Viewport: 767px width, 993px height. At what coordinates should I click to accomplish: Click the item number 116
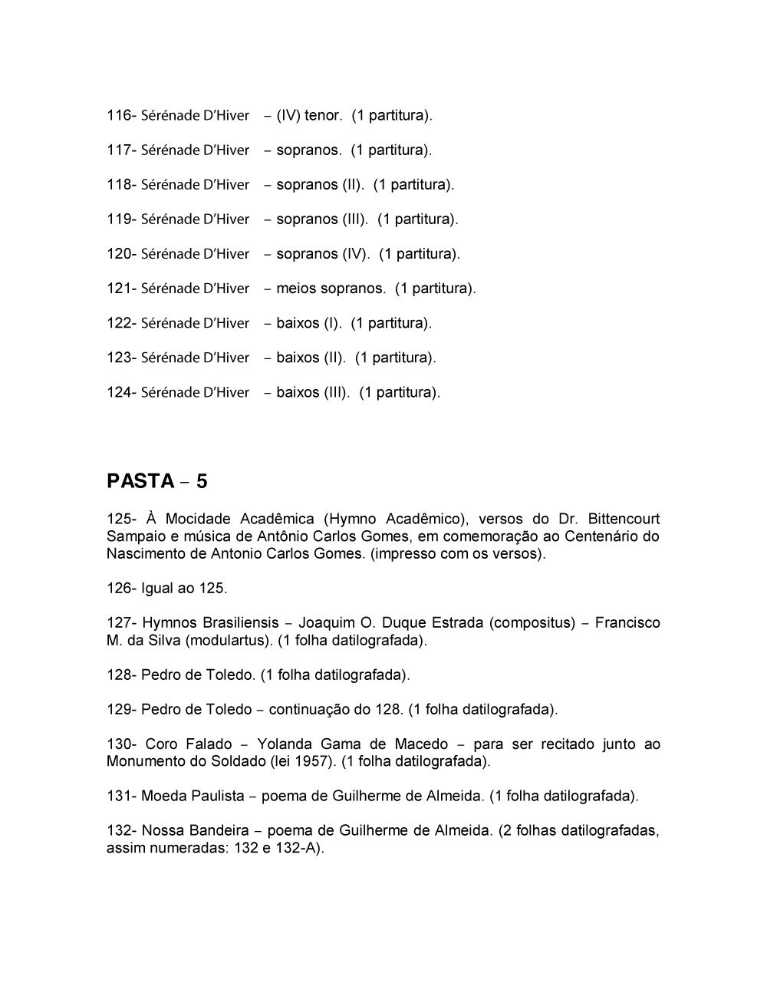coord(119,116)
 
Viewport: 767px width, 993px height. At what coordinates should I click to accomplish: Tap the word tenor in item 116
coord(322,116)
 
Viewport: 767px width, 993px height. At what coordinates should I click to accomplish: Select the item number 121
coord(119,289)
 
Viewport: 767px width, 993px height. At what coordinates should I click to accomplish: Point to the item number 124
coord(119,392)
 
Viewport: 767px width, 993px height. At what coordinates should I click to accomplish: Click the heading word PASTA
coord(141,481)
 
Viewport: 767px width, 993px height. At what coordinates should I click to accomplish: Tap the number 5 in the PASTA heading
coord(202,481)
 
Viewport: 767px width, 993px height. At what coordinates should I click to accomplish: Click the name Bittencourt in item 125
coord(624,520)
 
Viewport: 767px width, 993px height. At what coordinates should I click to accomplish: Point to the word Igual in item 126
coord(157,589)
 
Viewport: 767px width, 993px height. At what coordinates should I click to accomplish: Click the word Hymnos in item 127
coord(170,623)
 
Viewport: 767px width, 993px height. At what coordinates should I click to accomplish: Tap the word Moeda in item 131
coord(163,797)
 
